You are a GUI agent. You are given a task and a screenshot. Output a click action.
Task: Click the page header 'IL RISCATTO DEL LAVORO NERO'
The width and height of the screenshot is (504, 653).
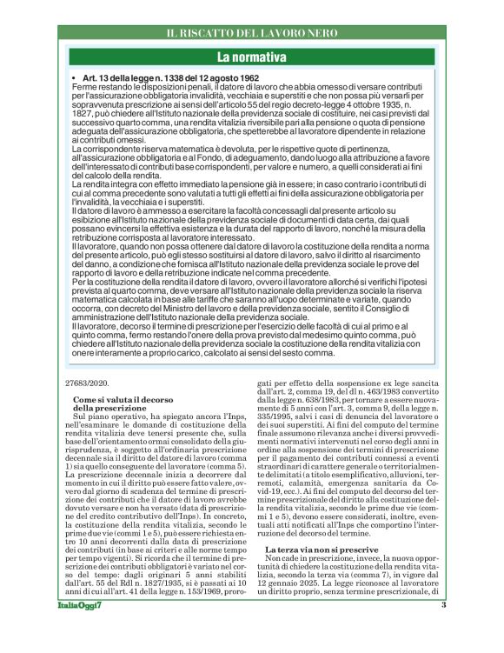(252, 34)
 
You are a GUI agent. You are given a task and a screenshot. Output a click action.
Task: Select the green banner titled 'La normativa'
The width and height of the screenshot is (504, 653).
(252, 57)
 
